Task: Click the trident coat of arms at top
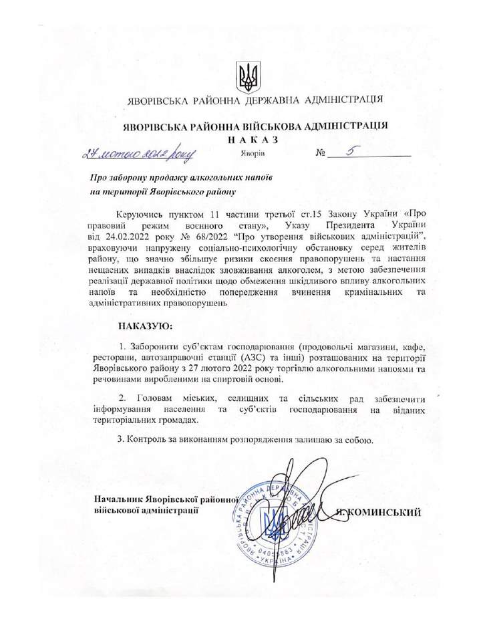(247, 79)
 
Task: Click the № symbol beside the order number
(321, 154)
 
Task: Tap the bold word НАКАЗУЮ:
(145, 326)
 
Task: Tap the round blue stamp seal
(275, 523)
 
